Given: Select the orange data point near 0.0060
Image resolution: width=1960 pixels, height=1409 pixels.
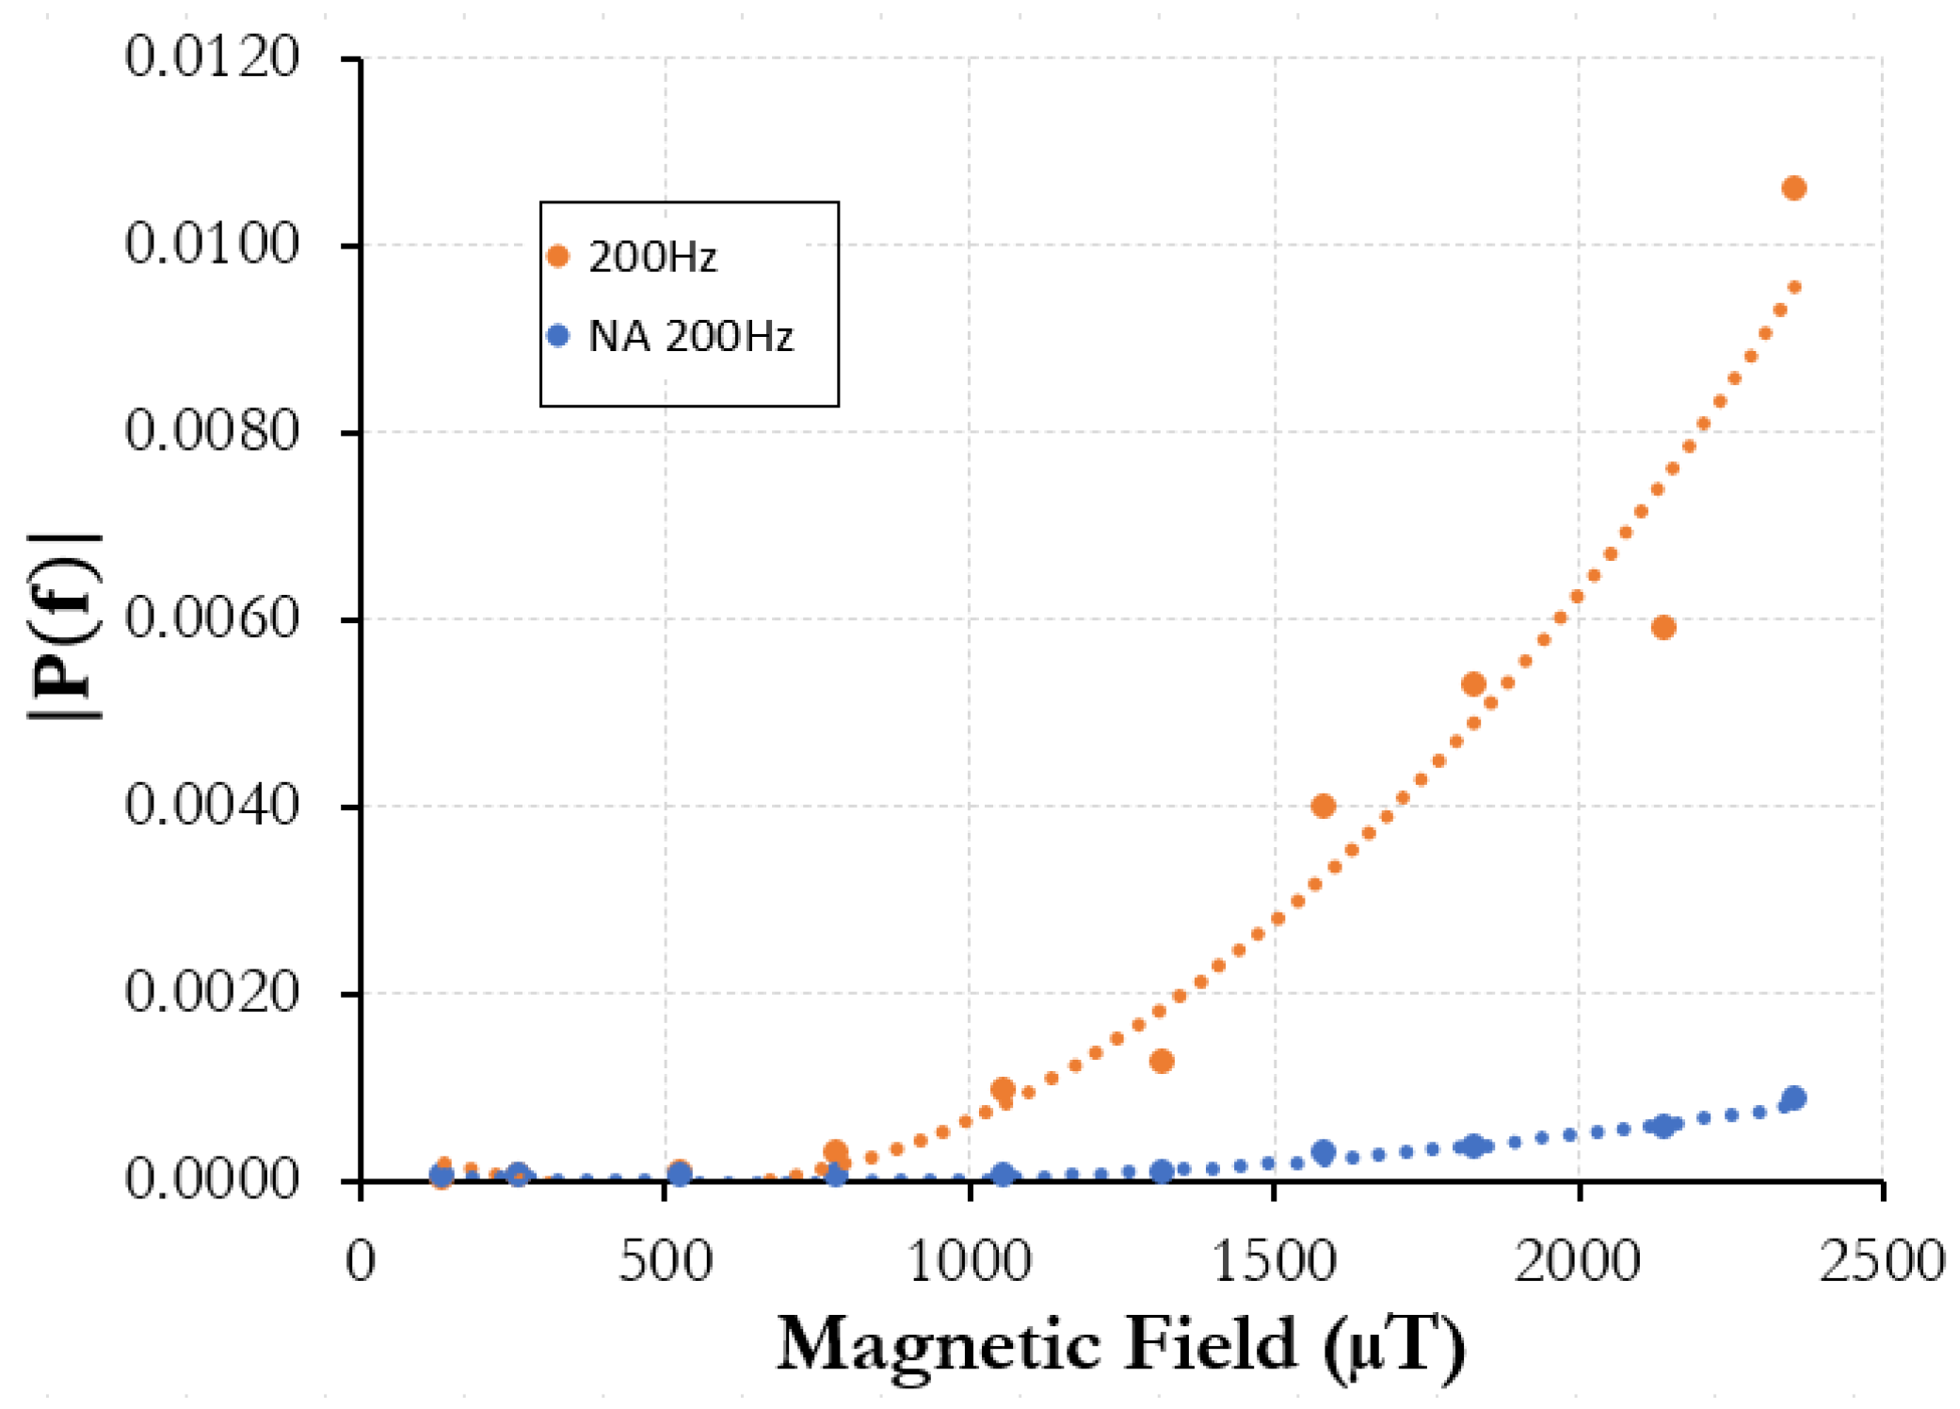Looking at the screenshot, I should pyautogui.click(x=1663, y=627).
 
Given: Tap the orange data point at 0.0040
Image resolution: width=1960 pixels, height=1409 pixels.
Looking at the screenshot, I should pyautogui.click(x=1323, y=806).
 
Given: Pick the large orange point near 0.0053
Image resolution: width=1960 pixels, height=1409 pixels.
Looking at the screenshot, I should pyautogui.click(x=1473, y=684).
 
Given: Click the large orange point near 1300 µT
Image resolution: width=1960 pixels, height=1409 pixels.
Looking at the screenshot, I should pyautogui.click(x=1161, y=1061).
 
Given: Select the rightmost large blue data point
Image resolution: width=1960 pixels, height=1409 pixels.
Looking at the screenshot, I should pyautogui.click(x=1793, y=1097).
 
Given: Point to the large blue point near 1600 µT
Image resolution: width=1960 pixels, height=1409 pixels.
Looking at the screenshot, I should pyautogui.click(x=1323, y=1151).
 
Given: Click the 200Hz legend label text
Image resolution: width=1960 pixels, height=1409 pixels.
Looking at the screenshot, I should pyautogui.click(x=652, y=257).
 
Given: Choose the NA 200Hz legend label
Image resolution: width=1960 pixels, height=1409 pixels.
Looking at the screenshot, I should pyautogui.click(x=690, y=336).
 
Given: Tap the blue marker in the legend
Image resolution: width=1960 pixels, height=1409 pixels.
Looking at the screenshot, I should pyautogui.click(x=558, y=336).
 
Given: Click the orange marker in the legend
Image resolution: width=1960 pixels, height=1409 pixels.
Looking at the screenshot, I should pyautogui.click(x=558, y=256).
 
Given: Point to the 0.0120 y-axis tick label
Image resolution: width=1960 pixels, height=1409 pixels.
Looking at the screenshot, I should pyautogui.click(x=212, y=56).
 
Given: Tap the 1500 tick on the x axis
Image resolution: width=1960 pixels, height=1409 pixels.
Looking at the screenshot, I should pyautogui.click(x=1273, y=1261).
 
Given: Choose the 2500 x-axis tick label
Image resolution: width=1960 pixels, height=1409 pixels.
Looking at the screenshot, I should pyautogui.click(x=1881, y=1261).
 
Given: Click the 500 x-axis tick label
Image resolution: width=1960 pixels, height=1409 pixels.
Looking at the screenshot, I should pyautogui.click(x=665, y=1261).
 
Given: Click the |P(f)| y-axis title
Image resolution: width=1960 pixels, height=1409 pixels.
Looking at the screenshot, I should pyautogui.click(x=64, y=626).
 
